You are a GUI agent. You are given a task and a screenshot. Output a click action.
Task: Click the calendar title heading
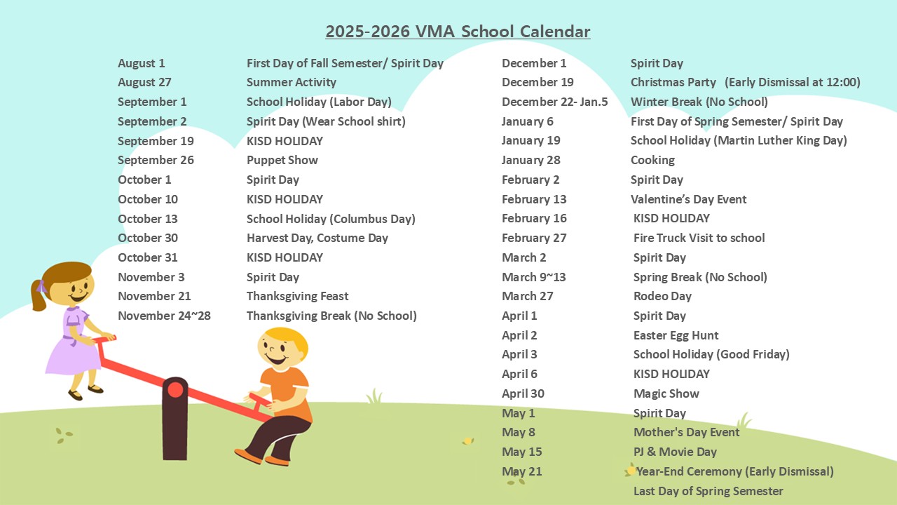[x=458, y=32]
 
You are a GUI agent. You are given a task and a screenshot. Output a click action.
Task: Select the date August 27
[x=144, y=82]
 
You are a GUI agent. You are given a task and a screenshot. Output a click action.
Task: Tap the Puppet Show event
[x=282, y=161]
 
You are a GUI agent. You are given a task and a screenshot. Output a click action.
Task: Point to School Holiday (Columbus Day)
[x=331, y=219]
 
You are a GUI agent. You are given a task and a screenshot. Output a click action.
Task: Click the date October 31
[x=148, y=257]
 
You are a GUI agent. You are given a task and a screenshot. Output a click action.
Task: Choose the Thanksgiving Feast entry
[x=298, y=297]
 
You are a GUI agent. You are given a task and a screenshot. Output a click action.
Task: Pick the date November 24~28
[x=164, y=316]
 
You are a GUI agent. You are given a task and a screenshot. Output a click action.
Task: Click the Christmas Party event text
[x=673, y=82]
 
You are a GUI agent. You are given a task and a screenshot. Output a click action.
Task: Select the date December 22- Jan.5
[x=554, y=102]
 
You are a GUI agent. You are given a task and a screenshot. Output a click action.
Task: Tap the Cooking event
[x=652, y=161]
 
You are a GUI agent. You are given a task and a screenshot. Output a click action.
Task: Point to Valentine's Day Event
[x=688, y=199]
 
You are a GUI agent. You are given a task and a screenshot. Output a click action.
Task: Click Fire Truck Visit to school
[x=699, y=238]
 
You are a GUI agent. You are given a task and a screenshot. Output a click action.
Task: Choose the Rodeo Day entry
[x=662, y=297]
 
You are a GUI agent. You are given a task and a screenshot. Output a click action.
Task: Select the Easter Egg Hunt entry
[x=676, y=335]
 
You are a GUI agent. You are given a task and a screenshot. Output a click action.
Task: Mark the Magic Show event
[x=666, y=394]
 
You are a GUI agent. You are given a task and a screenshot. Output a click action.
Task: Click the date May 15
[x=522, y=452]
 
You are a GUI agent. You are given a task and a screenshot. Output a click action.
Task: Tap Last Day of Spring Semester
[x=708, y=492]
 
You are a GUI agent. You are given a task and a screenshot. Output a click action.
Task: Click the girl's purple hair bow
[x=41, y=286]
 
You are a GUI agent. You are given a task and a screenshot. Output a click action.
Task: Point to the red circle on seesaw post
[x=175, y=389]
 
